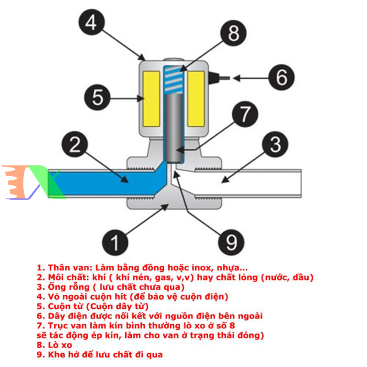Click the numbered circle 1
(x=116, y=240)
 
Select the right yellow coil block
(x=196, y=99)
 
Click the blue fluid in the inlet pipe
(x=101, y=178)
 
